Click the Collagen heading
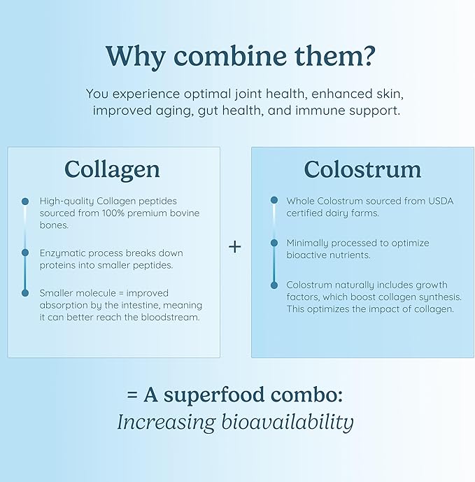(112, 169)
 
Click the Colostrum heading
(362, 169)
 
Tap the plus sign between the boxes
(235, 247)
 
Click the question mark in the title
(361, 56)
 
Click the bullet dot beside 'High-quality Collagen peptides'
(25, 201)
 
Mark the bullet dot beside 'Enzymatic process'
(25, 253)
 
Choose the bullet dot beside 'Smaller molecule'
(25, 292)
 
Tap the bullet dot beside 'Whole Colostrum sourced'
(274, 201)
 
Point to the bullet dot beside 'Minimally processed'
(274, 243)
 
